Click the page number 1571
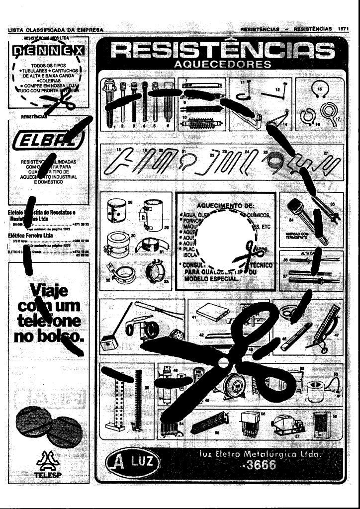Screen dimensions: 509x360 click(343, 29)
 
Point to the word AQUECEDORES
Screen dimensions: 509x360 click(222, 65)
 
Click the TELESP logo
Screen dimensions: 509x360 click(45, 465)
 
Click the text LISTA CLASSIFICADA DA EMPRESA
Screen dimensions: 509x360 click(55, 30)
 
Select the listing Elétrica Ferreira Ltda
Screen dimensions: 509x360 click(31, 235)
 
